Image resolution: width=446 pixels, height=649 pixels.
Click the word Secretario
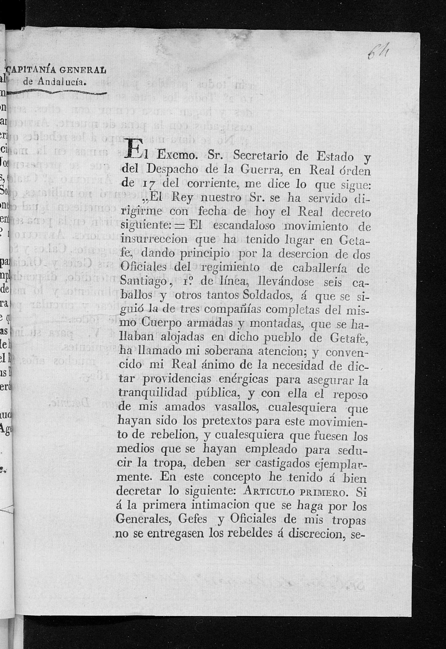tap(256, 156)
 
